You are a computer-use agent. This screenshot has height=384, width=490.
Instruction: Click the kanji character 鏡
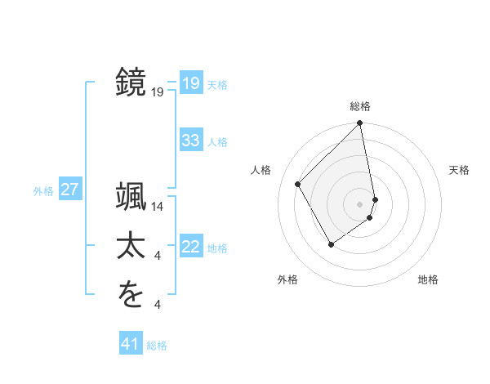[131, 83]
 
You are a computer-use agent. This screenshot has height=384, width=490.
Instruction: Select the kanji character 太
[131, 247]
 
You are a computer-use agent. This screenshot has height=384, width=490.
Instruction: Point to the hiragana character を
[131, 295]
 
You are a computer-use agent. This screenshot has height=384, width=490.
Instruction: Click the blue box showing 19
[190, 83]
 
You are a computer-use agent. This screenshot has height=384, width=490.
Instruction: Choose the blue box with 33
[190, 141]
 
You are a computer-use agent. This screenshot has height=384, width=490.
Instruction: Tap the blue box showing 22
[190, 247]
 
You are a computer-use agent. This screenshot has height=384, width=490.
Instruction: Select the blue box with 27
[70, 190]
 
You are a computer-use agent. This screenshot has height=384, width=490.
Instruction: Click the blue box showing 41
[131, 344]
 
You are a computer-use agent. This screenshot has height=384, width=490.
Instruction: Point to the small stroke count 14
[158, 208]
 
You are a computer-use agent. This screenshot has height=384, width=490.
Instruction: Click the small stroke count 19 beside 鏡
[158, 93]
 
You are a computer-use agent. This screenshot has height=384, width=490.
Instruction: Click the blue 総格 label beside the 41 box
[157, 346]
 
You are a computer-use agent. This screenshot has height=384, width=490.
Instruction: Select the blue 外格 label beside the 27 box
[43, 191]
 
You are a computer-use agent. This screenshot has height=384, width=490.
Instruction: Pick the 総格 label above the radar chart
[360, 106]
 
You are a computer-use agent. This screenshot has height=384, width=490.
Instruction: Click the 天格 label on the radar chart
[460, 170]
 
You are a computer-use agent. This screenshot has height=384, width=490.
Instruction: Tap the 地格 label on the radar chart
[428, 279]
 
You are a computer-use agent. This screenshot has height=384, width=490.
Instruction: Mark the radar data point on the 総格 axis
[360, 123]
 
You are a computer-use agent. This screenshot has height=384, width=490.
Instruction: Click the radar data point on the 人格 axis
[298, 184]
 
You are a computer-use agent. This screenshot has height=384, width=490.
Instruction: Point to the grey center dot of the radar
[360, 203]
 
